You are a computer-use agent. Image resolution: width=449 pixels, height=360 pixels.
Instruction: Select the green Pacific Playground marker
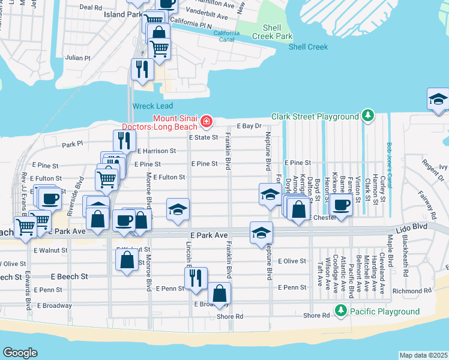(x=341, y=311)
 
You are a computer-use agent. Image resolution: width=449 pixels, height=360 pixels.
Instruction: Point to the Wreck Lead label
(x=148, y=106)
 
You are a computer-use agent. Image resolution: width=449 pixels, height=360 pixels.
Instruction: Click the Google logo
(x=20, y=352)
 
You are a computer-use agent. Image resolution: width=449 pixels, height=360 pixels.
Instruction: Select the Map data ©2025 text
(x=423, y=355)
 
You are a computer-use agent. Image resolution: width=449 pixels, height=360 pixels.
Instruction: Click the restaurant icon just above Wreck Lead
(x=142, y=69)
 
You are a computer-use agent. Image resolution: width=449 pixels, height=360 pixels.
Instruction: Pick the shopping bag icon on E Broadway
(x=220, y=293)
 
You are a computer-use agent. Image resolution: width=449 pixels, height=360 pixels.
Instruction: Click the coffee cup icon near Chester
(x=341, y=205)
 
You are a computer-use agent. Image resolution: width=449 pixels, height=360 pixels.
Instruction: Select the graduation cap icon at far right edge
(x=438, y=99)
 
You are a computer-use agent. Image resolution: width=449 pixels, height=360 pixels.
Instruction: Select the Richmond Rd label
(x=412, y=291)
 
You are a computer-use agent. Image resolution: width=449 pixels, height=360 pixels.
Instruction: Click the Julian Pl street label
(x=78, y=58)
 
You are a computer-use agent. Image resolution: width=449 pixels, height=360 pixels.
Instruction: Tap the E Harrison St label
(x=156, y=151)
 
